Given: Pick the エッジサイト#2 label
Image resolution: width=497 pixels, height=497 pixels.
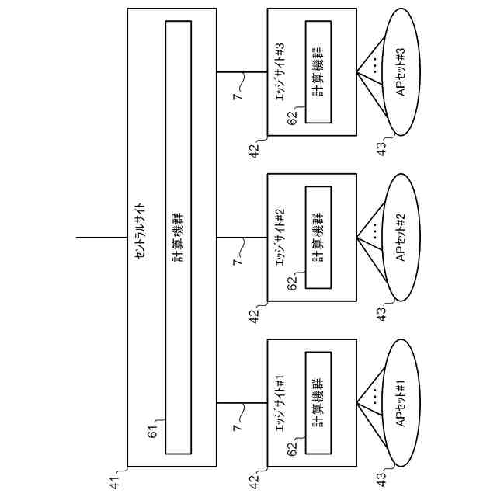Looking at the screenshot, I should [x=282, y=234].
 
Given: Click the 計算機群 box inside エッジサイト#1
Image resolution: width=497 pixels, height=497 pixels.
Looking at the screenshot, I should [x=318, y=402].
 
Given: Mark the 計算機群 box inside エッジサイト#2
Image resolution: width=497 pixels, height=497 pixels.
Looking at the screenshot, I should [x=318, y=238].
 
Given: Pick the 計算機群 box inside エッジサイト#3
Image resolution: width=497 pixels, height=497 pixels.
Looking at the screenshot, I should [x=318, y=72].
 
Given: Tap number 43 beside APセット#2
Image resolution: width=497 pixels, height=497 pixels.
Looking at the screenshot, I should [x=381, y=315].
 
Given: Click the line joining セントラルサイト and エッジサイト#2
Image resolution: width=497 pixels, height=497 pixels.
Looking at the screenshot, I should [x=242, y=237].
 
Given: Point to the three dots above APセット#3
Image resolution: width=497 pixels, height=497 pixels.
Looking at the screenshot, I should [x=374, y=66].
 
